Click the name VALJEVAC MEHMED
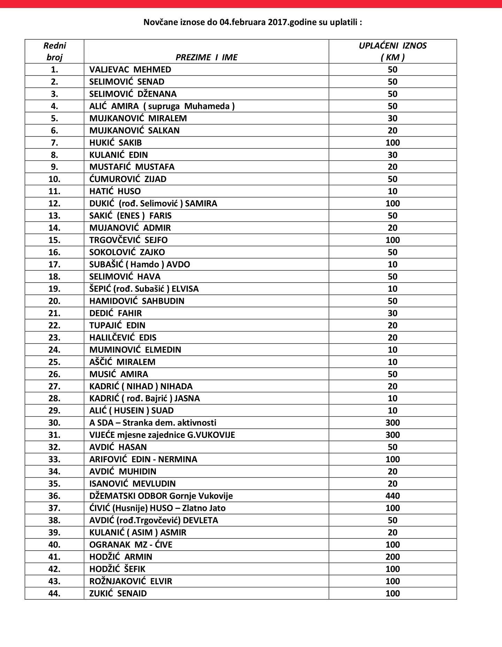point(130,70)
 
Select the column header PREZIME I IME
point(206,57)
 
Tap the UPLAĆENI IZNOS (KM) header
point(393,52)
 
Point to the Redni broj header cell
point(54,52)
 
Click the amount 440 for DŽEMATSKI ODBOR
point(393,496)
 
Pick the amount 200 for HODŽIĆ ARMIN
point(393,557)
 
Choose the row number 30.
point(54,423)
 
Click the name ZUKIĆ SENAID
point(118,593)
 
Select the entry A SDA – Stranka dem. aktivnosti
point(153,423)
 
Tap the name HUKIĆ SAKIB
point(115,143)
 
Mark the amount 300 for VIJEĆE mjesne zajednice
point(393,435)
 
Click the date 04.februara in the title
point(243,22)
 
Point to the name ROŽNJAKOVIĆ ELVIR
point(131,581)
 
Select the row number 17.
point(54,265)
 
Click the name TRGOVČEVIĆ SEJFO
point(128,240)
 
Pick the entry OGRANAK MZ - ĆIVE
point(131,545)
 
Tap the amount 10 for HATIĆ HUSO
point(393,191)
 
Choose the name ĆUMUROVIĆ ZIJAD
point(128,179)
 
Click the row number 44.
point(54,593)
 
